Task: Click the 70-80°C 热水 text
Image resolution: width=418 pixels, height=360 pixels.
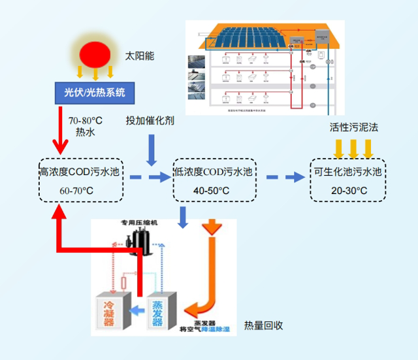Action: pos(86,127)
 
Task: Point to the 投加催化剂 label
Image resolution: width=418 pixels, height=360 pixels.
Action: pos(150,122)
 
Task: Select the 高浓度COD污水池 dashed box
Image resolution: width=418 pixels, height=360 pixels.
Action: pos(80,179)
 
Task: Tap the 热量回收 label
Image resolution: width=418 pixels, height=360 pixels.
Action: pos(263,325)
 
